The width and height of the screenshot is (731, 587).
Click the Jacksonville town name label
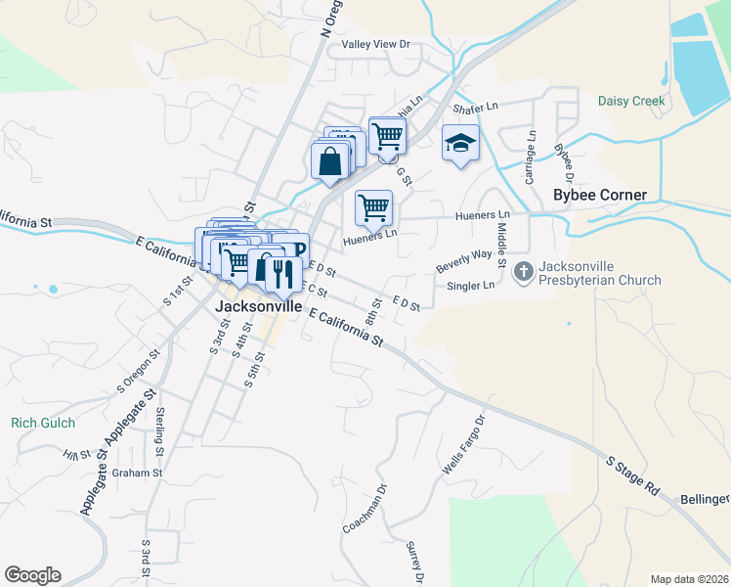click(x=258, y=306)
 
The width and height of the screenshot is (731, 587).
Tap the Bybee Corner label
click(x=600, y=195)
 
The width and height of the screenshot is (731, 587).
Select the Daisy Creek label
click(x=631, y=101)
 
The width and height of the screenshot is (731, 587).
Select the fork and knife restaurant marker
click(x=283, y=275)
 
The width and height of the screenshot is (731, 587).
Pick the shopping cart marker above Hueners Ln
click(x=373, y=206)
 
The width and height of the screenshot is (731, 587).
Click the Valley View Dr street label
click(x=374, y=45)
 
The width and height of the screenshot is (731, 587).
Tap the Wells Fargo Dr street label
click(x=463, y=446)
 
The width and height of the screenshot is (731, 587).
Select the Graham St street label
click(x=136, y=473)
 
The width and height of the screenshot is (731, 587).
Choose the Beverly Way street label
click(x=463, y=261)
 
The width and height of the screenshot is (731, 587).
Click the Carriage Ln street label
click(x=531, y=159)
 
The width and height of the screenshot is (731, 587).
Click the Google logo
click(x=32, y=575)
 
